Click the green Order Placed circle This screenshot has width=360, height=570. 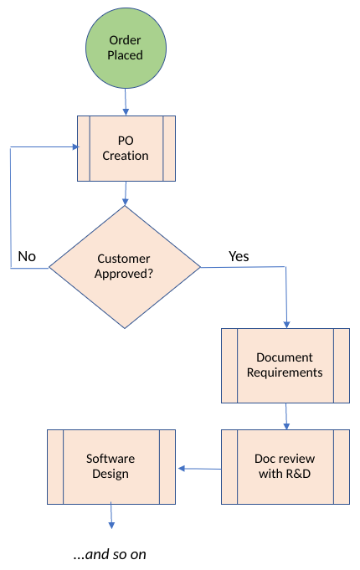pos(125,48)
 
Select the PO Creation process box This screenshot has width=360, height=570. pos(126,148)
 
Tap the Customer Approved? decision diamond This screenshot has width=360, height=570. pos(125,267)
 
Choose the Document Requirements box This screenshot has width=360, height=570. pos(285,365)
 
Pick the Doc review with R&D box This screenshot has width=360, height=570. pos(285,466)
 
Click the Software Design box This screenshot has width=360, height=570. pos(111,466)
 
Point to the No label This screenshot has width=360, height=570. pos(27,256)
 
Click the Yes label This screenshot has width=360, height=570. pos(239,256)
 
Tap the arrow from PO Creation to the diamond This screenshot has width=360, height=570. pos(126,193)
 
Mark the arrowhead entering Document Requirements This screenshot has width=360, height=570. pos(287,323)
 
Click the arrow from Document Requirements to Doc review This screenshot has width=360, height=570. pos(286,417)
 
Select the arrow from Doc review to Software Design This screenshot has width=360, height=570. pos(198,468)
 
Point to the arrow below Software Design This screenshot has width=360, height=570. pos(111,516)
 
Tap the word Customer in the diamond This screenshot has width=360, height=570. pos(124,259)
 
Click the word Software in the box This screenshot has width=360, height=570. pos(111,459)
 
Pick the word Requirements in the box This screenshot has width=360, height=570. pos(285,372)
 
